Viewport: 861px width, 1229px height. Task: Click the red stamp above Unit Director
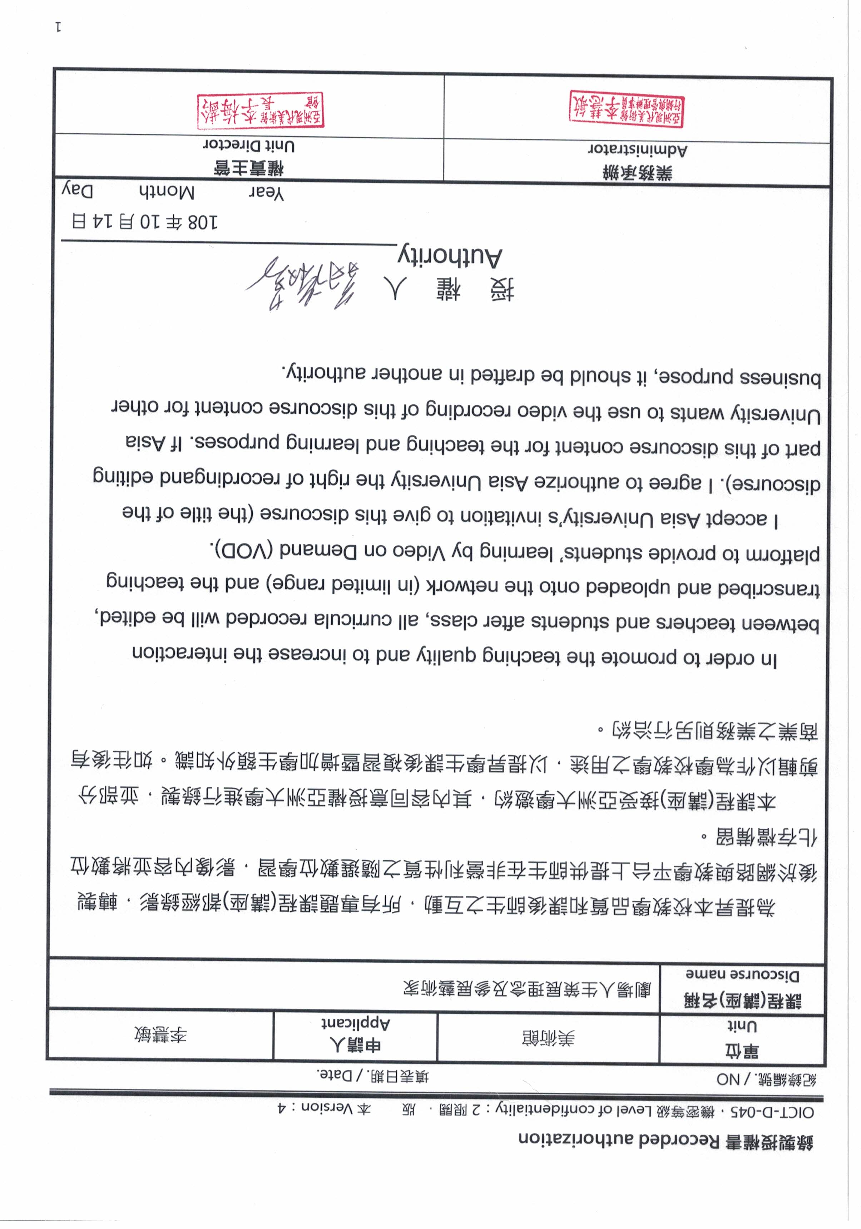tap(260, 111)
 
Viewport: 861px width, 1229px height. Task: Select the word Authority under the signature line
tap(450, 257)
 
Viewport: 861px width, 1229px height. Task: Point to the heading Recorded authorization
tap(666, 1141)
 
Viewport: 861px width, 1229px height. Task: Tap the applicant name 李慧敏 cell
tap(160, 1036)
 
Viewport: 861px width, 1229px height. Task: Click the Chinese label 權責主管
tap(249, 169)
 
